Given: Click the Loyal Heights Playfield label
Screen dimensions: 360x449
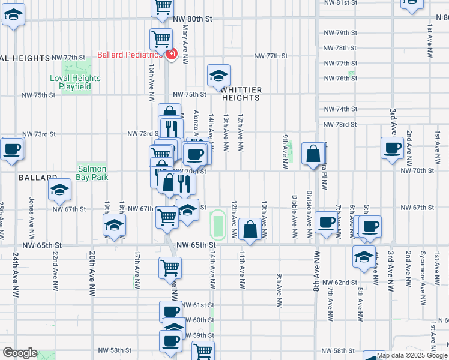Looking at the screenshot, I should [x=75, y=82].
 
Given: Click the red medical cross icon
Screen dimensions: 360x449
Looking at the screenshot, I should [x=172, y=55].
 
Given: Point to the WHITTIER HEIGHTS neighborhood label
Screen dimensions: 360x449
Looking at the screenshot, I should [x=242, y=94].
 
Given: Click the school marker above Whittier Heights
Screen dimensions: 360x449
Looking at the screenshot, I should [x=218, y=76].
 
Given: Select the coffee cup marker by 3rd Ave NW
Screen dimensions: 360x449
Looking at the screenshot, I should [x=393, y=148].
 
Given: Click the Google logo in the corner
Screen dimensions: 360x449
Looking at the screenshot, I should [x=19, y=353].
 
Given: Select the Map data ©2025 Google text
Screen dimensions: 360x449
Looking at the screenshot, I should [x=412, y=355].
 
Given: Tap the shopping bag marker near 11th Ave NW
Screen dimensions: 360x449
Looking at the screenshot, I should [x=249, y=229].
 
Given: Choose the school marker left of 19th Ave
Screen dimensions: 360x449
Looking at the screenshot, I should [x=113, y=226].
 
